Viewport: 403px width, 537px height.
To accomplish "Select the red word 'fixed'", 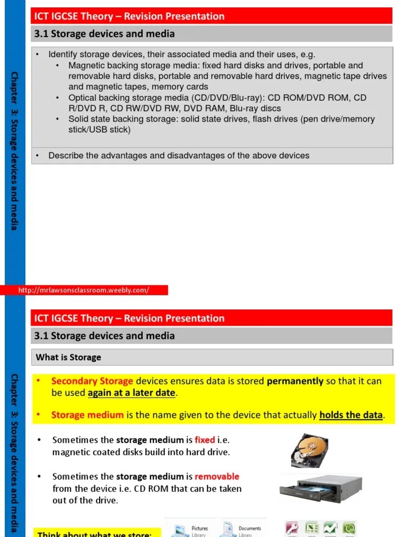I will click(x=205, y=440).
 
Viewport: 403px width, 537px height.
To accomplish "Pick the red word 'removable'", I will click(x=217, y=476).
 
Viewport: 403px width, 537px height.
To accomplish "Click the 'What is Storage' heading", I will click(x=68, y=357).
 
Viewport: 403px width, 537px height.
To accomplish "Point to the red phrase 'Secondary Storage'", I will click(x=92, y=381).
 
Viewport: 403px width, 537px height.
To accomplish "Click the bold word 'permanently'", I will click(x=295, y=381).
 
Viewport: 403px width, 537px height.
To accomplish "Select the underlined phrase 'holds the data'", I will click(x=351, y=415).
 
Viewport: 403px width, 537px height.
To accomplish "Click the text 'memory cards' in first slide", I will click(x=182, y=87).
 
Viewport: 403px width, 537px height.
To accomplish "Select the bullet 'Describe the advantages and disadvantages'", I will click(x=178, y=156).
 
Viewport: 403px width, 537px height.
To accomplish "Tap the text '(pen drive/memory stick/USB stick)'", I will click(x=220, y=124).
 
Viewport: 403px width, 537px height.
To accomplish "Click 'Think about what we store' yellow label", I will click(x=94, y=533).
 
